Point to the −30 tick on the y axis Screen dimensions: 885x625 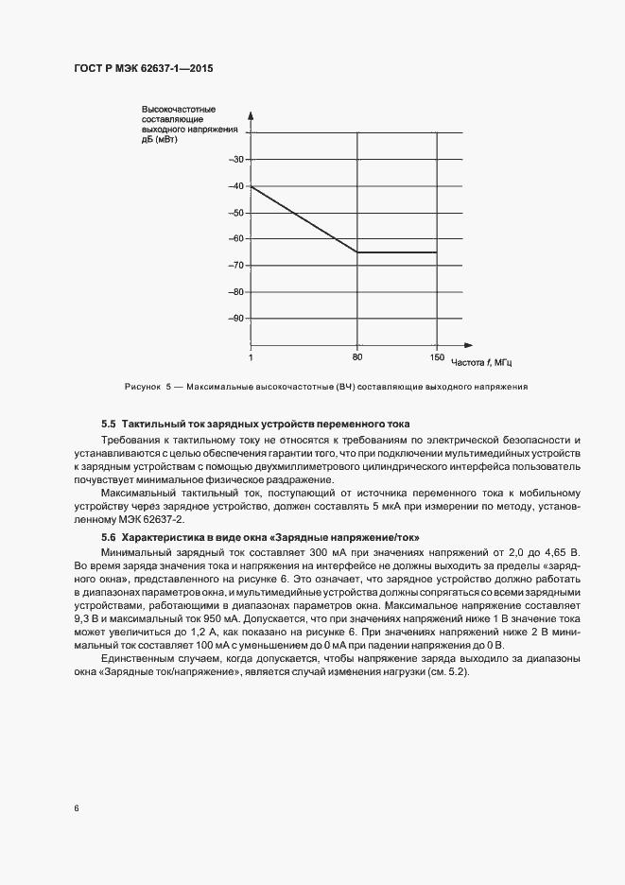[x=236, y=159]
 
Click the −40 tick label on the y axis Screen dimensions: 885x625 [x=236, y=185]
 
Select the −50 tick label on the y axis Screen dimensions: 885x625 [x=236, y=212]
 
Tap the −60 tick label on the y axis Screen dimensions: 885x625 [x=236, y=238]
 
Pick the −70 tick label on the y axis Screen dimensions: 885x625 [x=236, y=265]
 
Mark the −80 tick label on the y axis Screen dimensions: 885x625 [x=236, y=291]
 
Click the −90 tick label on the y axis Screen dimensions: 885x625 [x=236, y=319]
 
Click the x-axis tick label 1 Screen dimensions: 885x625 [x=250, y=358]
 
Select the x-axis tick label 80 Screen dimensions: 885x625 [x=357, y=358]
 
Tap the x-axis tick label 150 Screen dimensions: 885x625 [x=437, y=358]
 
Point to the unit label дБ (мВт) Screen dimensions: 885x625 [x=158, y=141]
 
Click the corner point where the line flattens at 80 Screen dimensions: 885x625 [x=357, y=252]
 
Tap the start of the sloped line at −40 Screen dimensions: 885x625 [x=251, y=186]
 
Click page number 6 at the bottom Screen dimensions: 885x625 [x=76, y=808]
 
